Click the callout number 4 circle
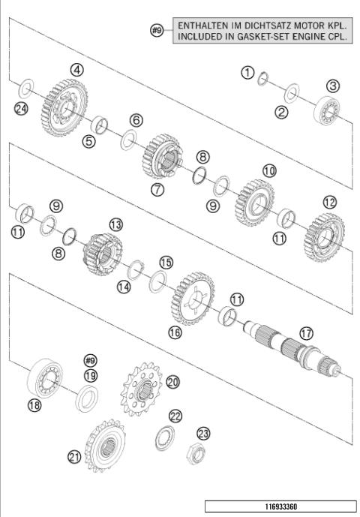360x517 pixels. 76,69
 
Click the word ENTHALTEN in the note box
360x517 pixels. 198,26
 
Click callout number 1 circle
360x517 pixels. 247,72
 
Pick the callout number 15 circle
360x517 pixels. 166,261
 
